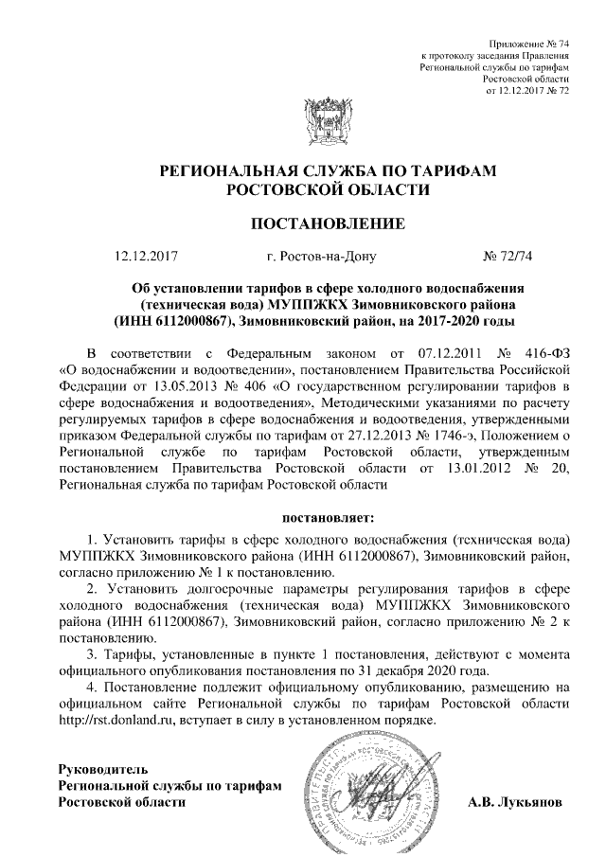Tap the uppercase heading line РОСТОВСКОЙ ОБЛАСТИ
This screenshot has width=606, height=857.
[x=328, y=189]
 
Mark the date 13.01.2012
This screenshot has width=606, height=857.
[x=458, y=469]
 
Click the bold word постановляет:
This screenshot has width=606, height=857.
[x=328, y=518]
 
